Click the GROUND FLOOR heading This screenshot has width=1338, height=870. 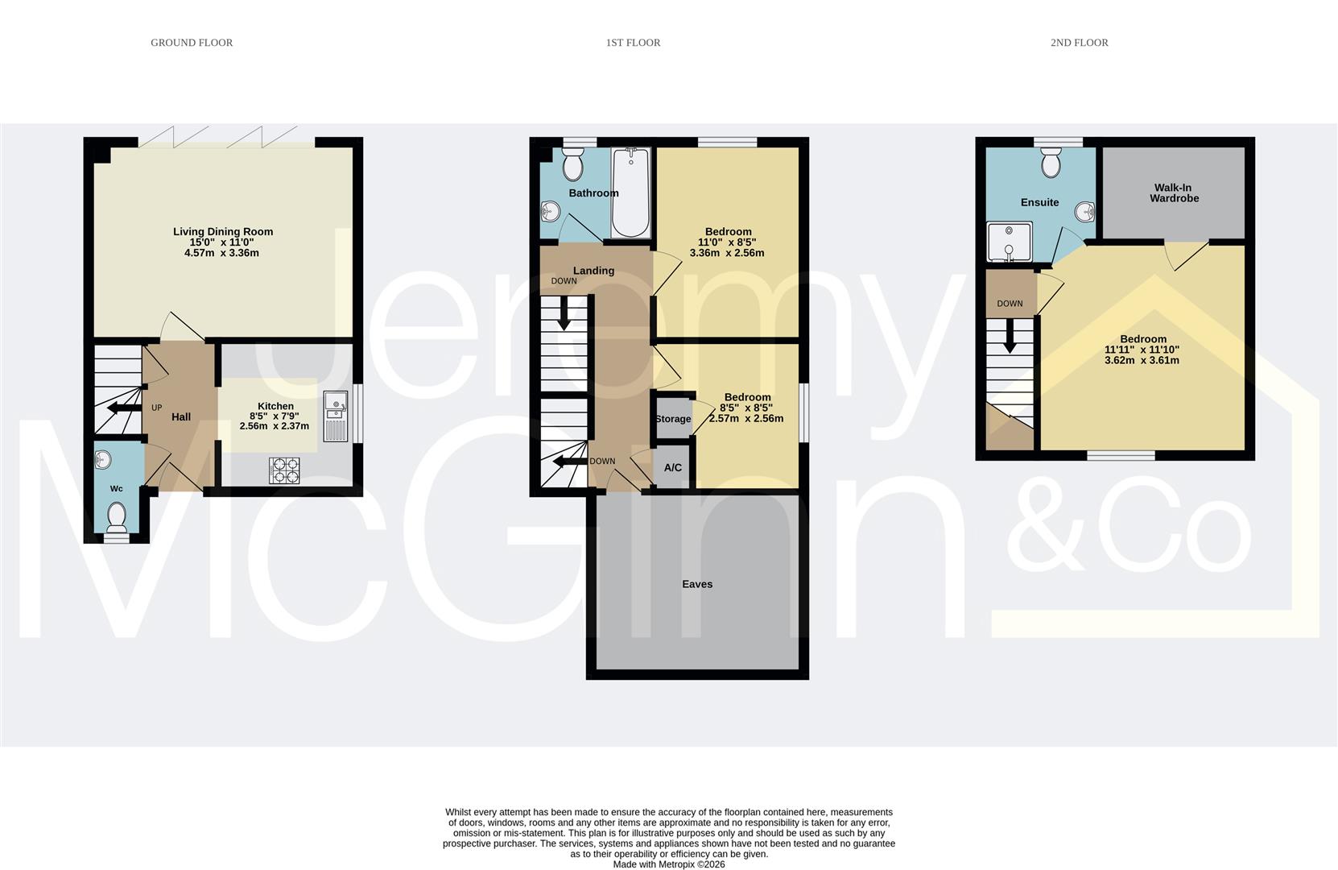(x=192, y=43)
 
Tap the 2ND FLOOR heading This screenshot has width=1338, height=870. (x=1079, y=43)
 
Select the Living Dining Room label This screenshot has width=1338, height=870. (x=223, y=232)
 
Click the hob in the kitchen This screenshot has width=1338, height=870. (x=284, y=470)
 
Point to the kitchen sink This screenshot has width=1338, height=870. (x=336, y=416)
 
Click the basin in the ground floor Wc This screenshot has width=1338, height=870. (x=102, y=461)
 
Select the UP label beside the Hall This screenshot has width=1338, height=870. (x=157, y=408)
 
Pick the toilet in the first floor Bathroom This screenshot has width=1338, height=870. (x=573, y=166)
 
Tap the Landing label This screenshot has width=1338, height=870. (x=593, y=271)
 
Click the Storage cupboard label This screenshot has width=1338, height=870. (x=673, y=419)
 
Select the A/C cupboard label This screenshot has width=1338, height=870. (x=673, y=468)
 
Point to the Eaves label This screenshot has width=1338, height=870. (x=697, y=584)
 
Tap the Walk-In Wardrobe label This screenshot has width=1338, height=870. (x=1174, y=193)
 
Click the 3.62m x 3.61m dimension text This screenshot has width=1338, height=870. (x=1142, y=361)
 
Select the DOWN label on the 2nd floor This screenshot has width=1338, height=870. (x=1010, y=304)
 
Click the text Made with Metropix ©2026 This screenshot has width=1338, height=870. (x=668, y=864)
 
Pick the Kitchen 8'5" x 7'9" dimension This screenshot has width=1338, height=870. (x=275, y=416)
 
